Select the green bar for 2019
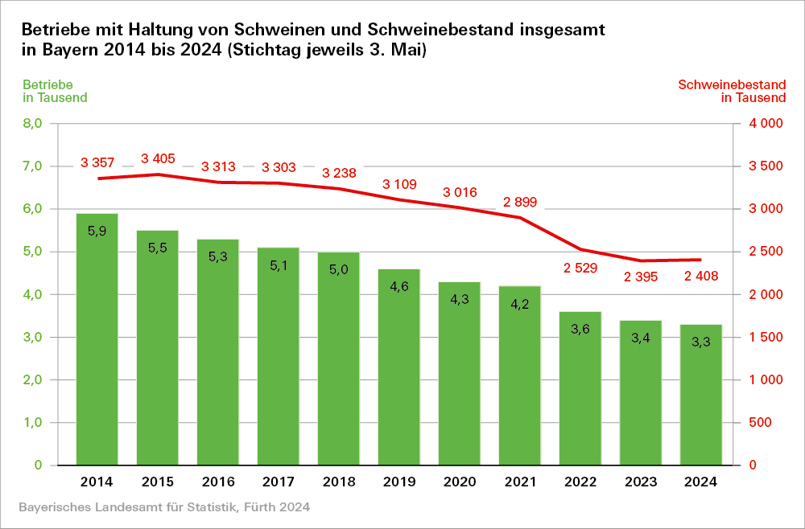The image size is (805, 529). coord(398,370)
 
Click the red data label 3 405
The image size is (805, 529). coord(158,158)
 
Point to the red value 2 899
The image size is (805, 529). coord(520,201)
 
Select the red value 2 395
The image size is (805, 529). coord(641,277)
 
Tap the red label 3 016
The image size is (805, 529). coord(460,192)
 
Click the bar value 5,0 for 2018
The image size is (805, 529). coord(338,269)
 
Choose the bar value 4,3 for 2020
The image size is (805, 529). coord(459,299)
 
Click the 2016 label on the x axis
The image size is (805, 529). coord(217,482)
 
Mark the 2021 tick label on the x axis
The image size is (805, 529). coord(519,482)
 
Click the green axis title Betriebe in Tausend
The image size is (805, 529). coord(55,91)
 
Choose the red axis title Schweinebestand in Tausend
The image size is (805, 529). coord(732,91)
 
